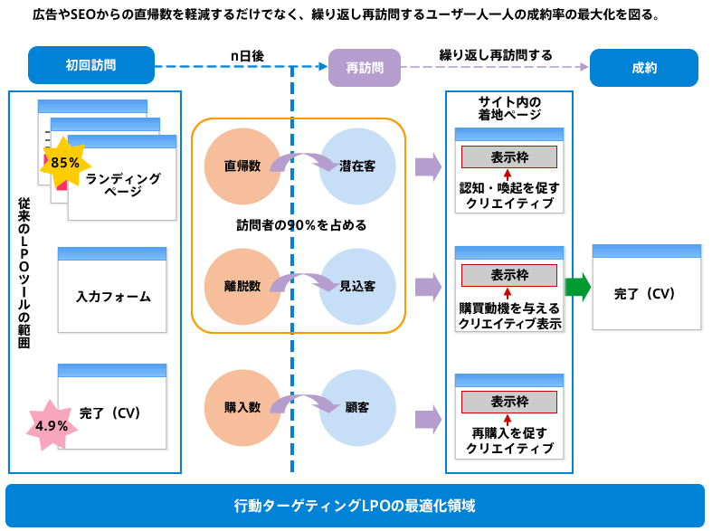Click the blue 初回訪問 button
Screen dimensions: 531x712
pyautogui.click(x=90, y=67)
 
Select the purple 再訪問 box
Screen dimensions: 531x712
pyautogui.click(x=364, y=68)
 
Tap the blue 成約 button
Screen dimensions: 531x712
pyautogui.click(x=643, y=68)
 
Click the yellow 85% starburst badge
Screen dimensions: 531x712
pyautogui.click(x=65, y=163)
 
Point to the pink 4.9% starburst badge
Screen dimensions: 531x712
pyautogui.click(x=52, y=425)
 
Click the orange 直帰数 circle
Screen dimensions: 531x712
pyautogui.click(x=242, y=166)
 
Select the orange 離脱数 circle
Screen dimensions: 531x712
pyautogui.click(x=242, y=286)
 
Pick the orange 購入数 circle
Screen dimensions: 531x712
pyautogui.click(x=242, y=407)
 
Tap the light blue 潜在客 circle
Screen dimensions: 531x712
pyautogui.click(x=357, y=166)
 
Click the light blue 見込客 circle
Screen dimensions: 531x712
pyautogui.click(x=357, y=286)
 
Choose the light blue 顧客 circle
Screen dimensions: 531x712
pyautogui.click(x=357, y=407)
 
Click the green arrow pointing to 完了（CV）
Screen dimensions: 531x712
pyautogui.click(x=577, y=288)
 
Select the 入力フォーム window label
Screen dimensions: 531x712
pyautogui.click(x=113, y=296)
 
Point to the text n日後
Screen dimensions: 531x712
pyautogui.click(x=246, y=56)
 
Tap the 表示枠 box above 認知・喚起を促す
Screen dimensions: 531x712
pyautogui.click(x=509, y=156)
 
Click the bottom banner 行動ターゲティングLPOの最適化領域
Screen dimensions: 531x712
pyautogui.click(x=355, y=505)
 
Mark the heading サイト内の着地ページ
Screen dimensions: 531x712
pyautogui.click(x=509, y=108)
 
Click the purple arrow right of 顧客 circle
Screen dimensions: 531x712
pyautogui.click(x=427, y=418)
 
